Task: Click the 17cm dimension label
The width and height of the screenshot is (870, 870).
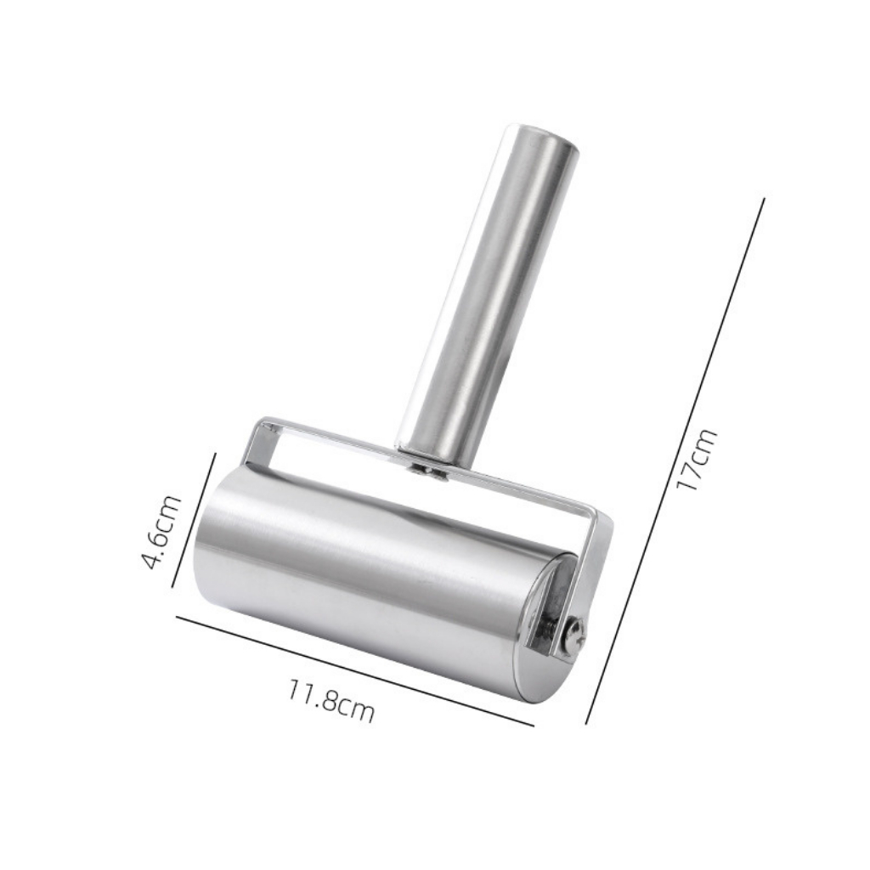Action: click(x=698, y=460)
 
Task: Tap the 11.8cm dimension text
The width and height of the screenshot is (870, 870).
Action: click(x=331, y=700)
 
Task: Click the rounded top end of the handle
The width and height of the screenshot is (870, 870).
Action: click(x=542, y=137)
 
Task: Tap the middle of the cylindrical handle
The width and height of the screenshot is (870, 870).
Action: click(x=486, y=289)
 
